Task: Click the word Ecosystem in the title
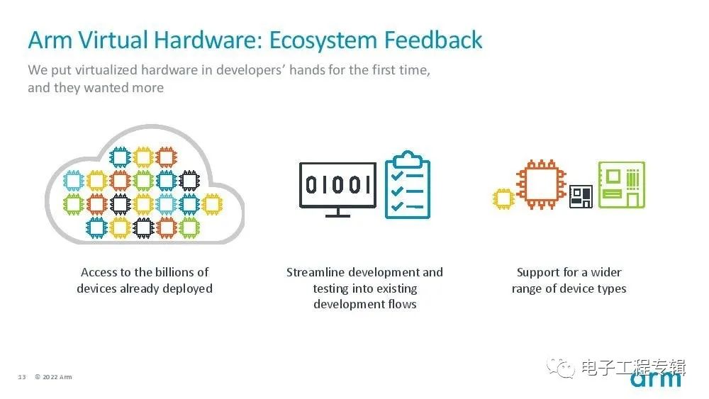323,40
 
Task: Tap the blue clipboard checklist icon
408,185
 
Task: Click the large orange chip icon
541,184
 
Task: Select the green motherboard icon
622,184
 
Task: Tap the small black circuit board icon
581,196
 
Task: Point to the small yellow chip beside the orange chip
503,199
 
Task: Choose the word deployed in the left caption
188,288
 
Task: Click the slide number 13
22,377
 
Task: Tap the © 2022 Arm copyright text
53,377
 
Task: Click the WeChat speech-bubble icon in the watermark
561,368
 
